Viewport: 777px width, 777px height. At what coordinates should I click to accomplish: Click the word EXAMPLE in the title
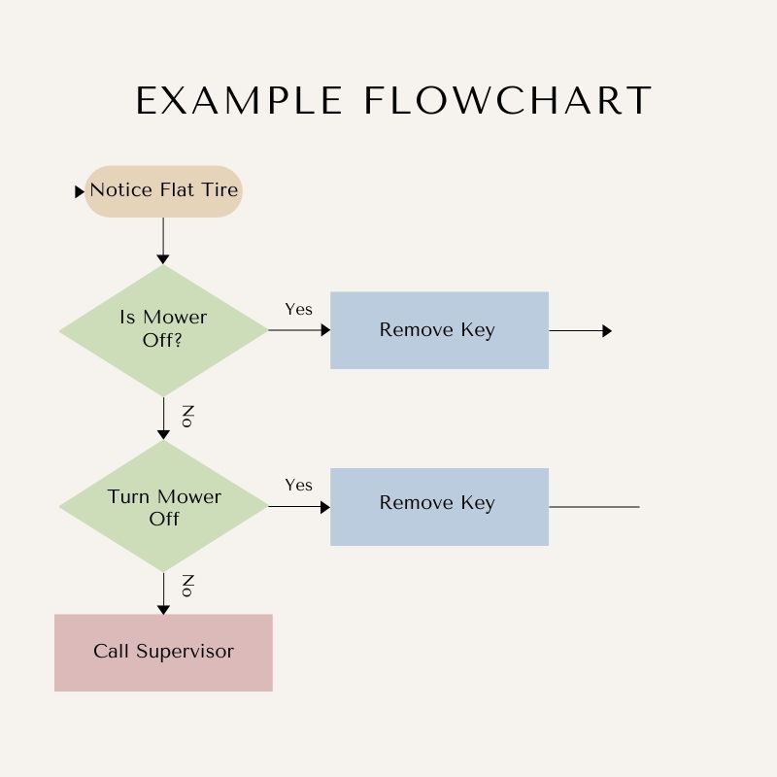coord(239,101)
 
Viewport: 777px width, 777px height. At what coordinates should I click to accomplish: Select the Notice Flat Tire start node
coord(163,190)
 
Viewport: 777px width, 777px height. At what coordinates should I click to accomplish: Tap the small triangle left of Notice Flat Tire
coord(80,192)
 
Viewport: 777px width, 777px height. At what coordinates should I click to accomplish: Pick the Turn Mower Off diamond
coord(163,506)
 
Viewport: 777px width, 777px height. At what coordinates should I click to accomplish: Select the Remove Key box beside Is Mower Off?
coord(439,330)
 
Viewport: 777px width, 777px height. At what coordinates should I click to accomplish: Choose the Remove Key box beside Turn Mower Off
coord(439,506)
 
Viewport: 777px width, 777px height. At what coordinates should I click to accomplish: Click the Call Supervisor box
coord(163,652)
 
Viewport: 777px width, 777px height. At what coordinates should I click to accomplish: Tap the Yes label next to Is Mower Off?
coord(298,309)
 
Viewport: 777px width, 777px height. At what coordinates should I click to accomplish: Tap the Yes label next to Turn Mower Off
coord(298,485)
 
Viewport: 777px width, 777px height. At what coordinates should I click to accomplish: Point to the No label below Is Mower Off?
coord(188,417)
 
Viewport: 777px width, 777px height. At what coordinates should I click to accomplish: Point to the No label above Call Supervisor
coord(188,586)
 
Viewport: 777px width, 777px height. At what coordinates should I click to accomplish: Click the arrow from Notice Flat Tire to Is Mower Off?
coord(163,240)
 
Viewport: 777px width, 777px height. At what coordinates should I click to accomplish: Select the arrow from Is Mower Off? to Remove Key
coord(299,330)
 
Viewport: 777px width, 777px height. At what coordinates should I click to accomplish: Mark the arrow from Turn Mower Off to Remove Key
coord(299,506)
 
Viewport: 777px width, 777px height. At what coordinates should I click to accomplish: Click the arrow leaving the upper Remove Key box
coord(580,330)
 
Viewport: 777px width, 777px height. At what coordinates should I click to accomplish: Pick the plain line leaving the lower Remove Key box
coord(593,506)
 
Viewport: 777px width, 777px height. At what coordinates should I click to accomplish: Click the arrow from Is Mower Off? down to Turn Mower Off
coord(163,418)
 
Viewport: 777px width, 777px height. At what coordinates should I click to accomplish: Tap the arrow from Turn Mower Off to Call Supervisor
coord(163,592)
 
